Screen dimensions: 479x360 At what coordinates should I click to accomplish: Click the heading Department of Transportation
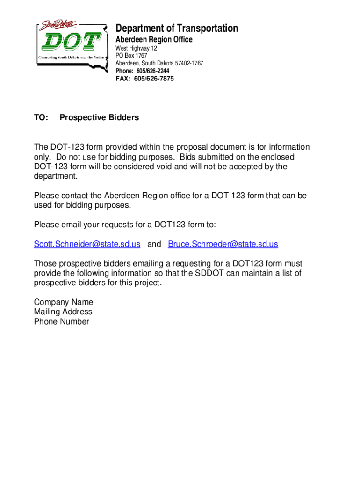pos(177,29)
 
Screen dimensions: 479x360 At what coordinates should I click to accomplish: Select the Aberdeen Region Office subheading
pos(154,40)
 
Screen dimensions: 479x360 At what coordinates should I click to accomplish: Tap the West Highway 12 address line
pos(136,49)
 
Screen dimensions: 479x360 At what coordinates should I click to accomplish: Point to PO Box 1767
pos(131,56)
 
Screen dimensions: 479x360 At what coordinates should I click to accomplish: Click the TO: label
pos(41,118)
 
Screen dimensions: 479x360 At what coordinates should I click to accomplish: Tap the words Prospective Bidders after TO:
pos(99,118)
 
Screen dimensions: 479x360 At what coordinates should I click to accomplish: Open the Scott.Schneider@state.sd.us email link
pos(87,244)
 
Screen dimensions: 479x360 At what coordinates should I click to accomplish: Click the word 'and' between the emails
pos(154,244)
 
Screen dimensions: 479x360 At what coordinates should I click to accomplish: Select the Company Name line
pos(64,302)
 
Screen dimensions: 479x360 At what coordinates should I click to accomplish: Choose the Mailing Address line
pos(63,312)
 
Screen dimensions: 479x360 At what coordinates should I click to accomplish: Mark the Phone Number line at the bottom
pos(61,321)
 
